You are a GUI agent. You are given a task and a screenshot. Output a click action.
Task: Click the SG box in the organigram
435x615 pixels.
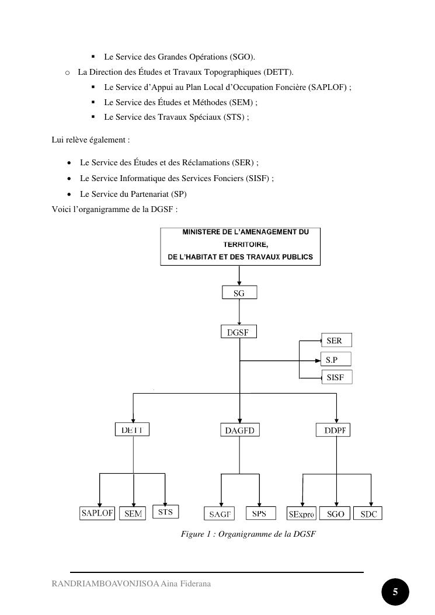239,293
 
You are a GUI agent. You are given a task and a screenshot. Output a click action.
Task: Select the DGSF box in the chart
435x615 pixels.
239,332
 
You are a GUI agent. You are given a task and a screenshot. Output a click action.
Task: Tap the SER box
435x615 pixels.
336,340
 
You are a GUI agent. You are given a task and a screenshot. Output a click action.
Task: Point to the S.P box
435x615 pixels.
336,360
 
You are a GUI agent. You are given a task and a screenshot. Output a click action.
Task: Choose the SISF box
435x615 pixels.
337,377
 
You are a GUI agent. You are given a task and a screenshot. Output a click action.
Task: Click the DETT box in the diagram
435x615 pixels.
132,430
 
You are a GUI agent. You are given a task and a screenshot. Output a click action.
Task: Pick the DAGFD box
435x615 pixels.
239,430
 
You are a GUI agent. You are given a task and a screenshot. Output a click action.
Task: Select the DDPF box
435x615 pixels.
335,430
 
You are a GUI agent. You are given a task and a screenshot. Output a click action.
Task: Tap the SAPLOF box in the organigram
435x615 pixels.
97,513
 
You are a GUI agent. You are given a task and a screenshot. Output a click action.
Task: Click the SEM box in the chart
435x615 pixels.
134,514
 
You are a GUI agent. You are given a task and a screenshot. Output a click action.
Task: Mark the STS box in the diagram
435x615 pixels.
166,512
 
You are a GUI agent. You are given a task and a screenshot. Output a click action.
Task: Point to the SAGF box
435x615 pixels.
220,514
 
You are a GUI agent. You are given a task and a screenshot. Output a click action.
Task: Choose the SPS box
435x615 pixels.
259,513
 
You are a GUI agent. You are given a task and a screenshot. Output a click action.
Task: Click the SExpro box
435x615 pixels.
301,514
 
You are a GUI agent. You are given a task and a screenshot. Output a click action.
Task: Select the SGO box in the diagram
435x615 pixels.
336,514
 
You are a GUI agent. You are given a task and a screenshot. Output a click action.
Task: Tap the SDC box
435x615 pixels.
368,514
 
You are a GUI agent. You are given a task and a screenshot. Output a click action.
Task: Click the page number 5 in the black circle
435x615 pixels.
395,592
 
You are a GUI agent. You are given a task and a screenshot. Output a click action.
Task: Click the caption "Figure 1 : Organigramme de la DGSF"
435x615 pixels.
248,534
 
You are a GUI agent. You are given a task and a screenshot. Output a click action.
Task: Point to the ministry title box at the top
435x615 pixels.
241,247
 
